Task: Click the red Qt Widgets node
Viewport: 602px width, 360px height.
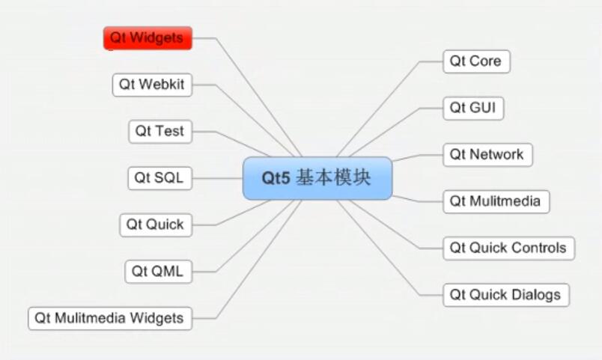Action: click(148, 38)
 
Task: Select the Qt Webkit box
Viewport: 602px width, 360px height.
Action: click(152, 85)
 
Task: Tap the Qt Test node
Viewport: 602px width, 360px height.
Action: click(160, 132)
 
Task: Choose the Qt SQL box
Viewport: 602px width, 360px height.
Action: click(159, 178)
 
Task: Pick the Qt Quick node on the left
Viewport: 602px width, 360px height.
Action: click(156, 225)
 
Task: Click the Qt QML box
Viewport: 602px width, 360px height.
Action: click(158, 272)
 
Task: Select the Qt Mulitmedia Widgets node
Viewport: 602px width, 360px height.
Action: click(110, 318)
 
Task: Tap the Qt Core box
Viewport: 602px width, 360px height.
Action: click(476, 61)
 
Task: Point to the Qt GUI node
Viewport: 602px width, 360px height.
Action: click(473, 109)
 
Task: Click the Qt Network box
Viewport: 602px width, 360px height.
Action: click(487, 155)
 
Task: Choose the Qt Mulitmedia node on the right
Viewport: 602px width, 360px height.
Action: click(496, 201)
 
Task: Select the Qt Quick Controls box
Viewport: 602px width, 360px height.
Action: click(508, 248)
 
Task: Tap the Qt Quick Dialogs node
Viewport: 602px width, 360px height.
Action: click(506, 295)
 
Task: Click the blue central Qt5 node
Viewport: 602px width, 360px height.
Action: click(317, 178)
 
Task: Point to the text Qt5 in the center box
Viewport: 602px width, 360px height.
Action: click(276, 178)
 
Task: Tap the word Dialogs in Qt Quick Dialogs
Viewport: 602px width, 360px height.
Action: click(536, 295)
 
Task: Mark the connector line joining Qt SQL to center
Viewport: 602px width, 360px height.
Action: click(217, 178)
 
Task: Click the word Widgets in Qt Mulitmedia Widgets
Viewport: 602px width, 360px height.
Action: click(156, 318)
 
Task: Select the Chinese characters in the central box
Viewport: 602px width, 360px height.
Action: click(333, 178)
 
